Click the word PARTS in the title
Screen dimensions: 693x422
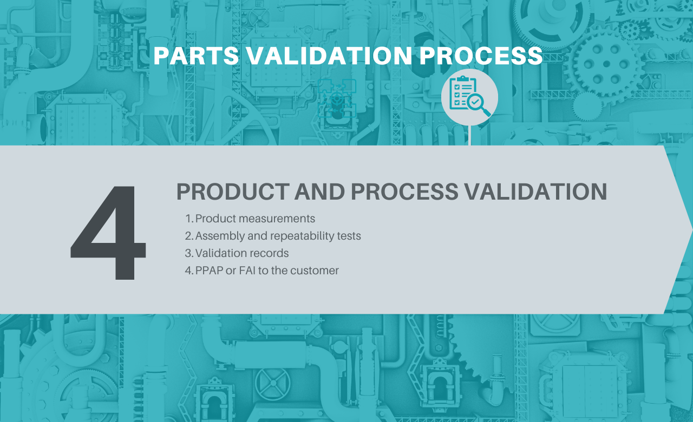pos(196,56)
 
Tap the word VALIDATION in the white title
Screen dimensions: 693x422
pos(329,56)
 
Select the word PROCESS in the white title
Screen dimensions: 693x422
pos(481,56)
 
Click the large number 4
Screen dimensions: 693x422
pos(108,233)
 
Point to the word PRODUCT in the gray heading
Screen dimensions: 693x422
pos(233,192)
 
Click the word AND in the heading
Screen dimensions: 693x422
pos(319,192)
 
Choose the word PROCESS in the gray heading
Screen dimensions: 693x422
pos(404,192)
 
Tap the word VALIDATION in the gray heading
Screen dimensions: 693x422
pos(536,192)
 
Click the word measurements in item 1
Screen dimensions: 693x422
pos(277,219)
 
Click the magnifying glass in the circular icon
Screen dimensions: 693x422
pos(478,105)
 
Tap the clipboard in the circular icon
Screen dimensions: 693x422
pos(463,92)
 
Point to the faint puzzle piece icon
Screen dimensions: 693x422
pos(337,98)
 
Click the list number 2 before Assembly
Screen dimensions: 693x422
pos(188,236)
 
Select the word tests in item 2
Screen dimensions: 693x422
pos(349,236)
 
